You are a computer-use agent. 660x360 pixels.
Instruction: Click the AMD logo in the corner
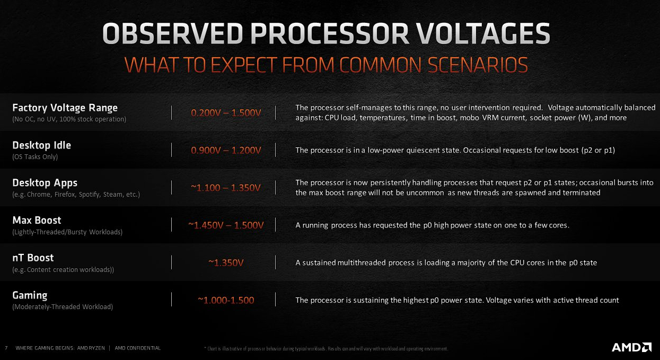(631, 347)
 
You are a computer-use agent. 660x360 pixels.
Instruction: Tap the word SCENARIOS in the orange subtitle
(478, 65)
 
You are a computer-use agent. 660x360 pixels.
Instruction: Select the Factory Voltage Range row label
(65, 108)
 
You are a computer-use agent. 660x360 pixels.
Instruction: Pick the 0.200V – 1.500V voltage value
(226, 113)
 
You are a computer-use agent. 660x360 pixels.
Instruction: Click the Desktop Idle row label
(41, 145)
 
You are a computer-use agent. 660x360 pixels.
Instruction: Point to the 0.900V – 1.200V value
(226, 150)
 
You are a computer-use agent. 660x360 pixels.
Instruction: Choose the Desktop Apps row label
(45, 183)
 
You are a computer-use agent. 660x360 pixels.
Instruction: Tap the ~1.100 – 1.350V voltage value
(226, 188)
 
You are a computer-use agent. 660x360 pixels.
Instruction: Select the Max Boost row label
(37, 220)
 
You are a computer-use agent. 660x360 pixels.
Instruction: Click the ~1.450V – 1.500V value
(226, 225)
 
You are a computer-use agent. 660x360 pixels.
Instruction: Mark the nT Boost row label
(33, 258)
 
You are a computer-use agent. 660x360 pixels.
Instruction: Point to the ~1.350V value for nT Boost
(226, 263)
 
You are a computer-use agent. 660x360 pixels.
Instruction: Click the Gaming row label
(30, 295)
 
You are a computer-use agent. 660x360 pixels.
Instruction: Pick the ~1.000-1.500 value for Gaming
(226, 300)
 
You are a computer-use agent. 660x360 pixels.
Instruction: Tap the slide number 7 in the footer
(6, 348)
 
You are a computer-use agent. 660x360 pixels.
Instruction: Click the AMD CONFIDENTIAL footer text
(138, 348)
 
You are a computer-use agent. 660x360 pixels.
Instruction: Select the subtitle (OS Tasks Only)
(35, 157)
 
